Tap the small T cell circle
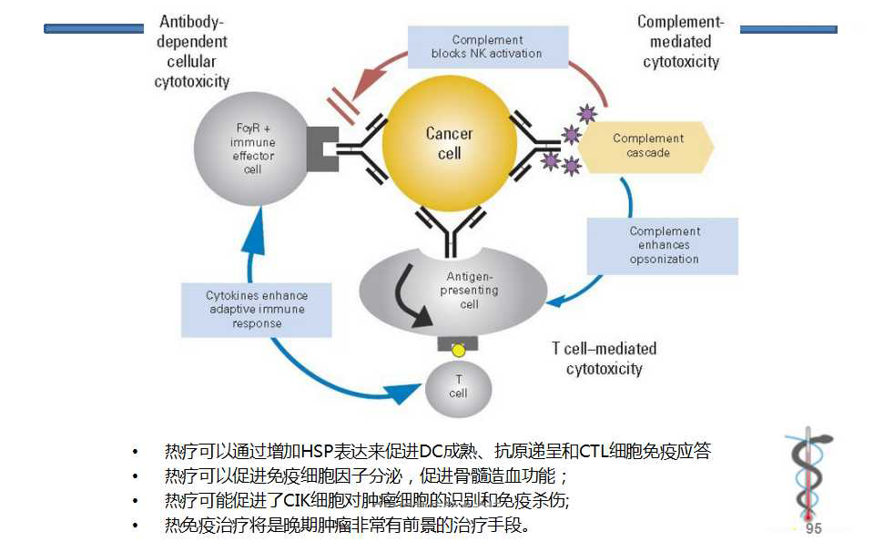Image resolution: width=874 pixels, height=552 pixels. point(458,387)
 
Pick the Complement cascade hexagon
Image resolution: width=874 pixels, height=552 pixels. point(647,146)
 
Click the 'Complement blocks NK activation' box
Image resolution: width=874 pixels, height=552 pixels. point(487,46)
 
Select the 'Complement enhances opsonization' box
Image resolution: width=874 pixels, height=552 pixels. point(664,245)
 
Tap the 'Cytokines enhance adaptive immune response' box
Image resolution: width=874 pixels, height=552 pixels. point(257,310)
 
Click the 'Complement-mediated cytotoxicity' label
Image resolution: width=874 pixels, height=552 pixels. point(680,42)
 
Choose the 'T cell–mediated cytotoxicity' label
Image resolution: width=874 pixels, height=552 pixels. point(604,359)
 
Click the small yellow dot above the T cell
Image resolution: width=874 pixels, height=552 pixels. point(459,350)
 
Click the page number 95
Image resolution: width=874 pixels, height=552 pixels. point(813,529)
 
